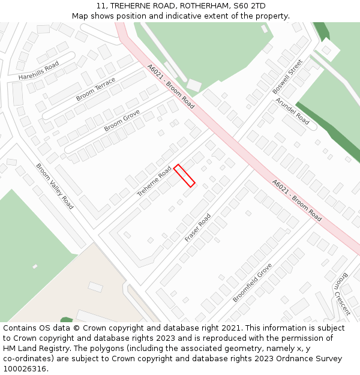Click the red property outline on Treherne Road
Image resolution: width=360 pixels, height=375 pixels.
pyautogui.click(x=184, y=175)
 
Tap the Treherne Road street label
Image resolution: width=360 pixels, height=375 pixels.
pyautogui.click(x=154, y=181)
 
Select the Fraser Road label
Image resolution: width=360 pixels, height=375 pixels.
pyautogui.click(x=198, y=227)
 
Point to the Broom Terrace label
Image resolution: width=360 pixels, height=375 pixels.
pyautogui.click(x=96, y=89)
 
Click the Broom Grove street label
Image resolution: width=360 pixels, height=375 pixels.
pyautogui.click(x=122, y=120)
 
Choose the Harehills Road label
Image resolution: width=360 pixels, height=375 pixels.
pyautogui.click(x=38, y=70)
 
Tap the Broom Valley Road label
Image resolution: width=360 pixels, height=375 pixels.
pyautogui.click(x=55, y=186)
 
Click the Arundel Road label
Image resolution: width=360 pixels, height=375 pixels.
pyautogui.click(x=292, y=111)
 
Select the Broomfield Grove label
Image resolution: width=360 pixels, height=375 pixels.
pyautogui.click(x=253, y=282)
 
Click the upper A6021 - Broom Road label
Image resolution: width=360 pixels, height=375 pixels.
pyautogui.click(x=171, y=86)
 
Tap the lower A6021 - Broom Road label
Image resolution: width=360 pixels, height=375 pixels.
pyautogui.click(x=296, y=200)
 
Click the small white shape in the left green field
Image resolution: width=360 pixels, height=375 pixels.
pyautogui.click(x=35, y=266)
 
